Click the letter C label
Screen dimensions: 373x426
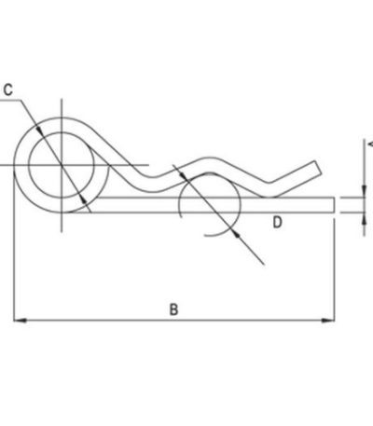8,90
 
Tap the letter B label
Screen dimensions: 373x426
173,309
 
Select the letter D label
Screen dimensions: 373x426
277,223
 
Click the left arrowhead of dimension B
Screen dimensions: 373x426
20,320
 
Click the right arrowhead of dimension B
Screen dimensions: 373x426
328,320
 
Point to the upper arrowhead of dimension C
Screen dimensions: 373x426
39,130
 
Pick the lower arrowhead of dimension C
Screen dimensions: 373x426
83,200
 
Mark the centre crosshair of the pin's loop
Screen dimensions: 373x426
62,165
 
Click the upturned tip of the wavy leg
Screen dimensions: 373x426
318,168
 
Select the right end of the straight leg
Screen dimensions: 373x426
334,205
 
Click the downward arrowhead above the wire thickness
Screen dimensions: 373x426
364,191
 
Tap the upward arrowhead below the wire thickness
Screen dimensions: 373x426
364,219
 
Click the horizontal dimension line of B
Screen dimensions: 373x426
174,320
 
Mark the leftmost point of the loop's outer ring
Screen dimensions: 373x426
15,165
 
